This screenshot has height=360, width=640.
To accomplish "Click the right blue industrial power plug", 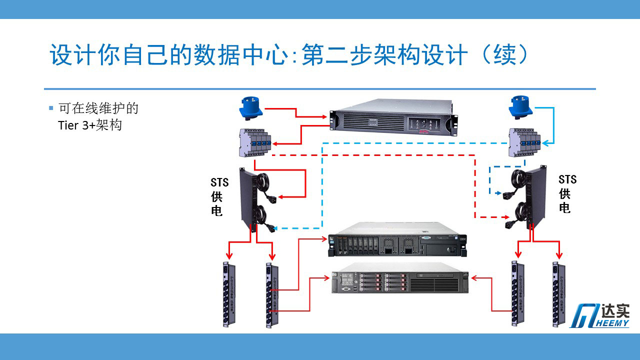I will [520, 107].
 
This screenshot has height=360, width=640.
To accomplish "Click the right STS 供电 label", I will [566, 193].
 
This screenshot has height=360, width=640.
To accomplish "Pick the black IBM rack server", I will [397, 244].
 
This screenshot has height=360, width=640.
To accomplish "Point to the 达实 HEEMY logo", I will [599, 315].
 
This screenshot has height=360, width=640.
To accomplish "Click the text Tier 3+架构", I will [90, 125].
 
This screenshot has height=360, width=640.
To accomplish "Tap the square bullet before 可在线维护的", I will [50, 108].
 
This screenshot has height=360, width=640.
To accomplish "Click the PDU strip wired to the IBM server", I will [272, 295].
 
